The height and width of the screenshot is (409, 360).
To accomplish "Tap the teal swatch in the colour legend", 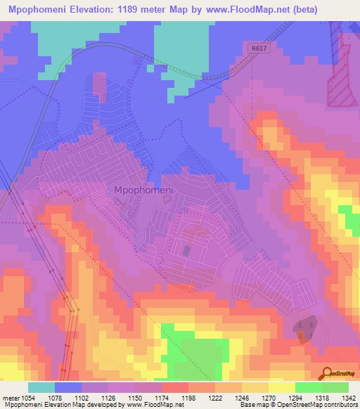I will (41, 387).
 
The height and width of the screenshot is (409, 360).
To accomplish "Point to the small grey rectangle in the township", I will (186, 250).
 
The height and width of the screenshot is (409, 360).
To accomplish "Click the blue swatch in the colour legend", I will (67, 387).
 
